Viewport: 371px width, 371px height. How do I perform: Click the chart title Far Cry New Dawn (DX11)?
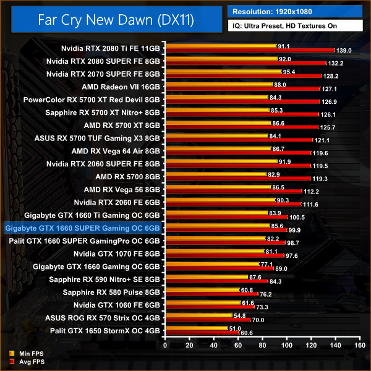pos(116,20)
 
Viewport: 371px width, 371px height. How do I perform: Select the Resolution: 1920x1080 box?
pos(294,12)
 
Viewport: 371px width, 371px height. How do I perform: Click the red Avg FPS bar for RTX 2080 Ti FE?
pos(247,50)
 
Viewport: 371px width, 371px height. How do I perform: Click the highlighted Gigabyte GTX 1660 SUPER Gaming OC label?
pos(82,228)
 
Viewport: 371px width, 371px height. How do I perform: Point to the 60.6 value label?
pos(247,333)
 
